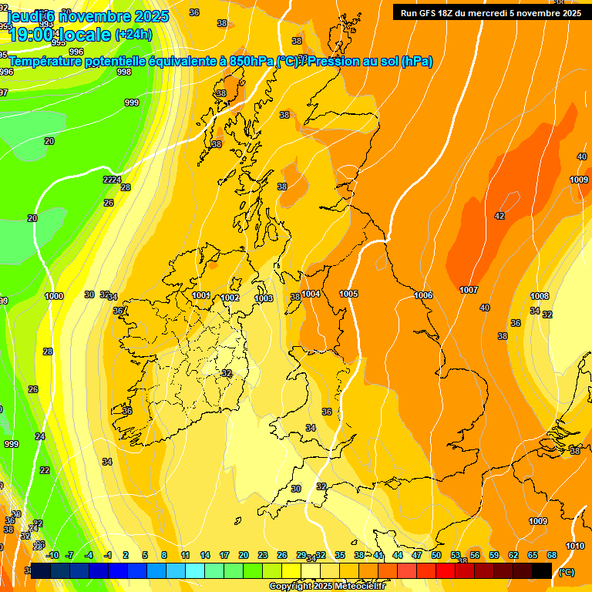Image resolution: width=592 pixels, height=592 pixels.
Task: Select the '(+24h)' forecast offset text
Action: click(x=133, y=34)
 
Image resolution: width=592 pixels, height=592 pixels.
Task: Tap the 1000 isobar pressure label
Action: click(x=54, y=296)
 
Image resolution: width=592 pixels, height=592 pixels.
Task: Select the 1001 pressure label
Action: click(x=201, y=295)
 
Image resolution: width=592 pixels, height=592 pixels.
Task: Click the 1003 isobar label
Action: click(x=264, y=298)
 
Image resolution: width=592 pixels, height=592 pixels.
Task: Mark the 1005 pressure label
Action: click(x=348, y=294)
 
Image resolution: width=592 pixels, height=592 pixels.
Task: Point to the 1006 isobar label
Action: click(x=423, y=295)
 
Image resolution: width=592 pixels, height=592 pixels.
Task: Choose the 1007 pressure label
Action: click(x=469, y=290)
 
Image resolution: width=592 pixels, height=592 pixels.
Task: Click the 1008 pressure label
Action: click(x=540, y=296)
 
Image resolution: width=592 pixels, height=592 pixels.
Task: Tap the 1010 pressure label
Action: click(x=574, y=546)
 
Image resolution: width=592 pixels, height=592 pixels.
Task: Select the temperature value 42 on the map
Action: click(x=499, y=216)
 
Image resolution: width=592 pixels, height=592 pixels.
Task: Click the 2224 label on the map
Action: click(x=113, y=180)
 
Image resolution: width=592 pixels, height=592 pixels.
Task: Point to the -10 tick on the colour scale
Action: click(x=52, y=555)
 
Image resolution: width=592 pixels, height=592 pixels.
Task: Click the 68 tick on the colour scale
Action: click(x=552, y=555)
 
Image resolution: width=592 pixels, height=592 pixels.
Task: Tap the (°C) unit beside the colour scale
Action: click(x=567, y=572)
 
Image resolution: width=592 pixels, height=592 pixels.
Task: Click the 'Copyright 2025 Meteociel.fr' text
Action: click(x=327, y=587)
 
